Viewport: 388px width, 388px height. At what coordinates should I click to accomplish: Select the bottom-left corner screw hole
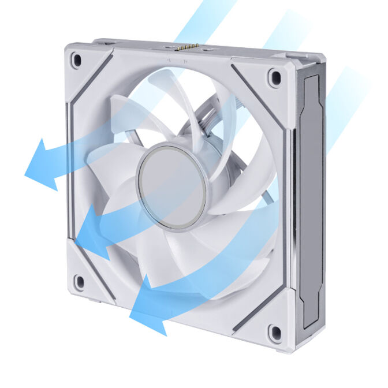(79, 281)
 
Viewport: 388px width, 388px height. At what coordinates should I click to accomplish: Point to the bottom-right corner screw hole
(274, 332)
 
